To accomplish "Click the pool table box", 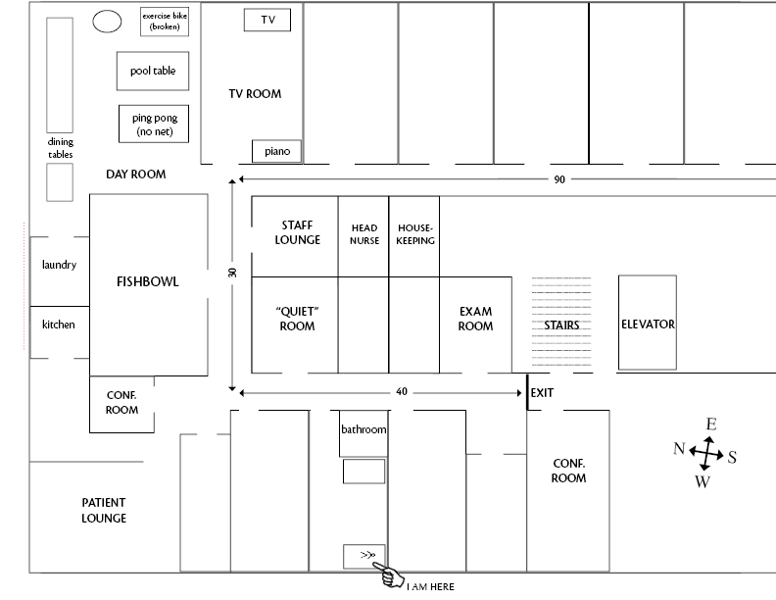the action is click(153, 71).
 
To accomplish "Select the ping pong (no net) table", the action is click(153, 125).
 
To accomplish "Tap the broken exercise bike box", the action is click(165, 22).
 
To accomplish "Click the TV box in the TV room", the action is click(267, 20).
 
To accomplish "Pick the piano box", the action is click(276, 151).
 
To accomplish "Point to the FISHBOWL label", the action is click(148, 282).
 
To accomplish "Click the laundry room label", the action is click(59, 265).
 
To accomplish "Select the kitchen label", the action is click(59, 325).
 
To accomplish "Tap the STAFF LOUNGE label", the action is click(297, 232).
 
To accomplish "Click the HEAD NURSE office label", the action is click(364, 234).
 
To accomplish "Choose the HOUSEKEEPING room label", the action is click(415, 234).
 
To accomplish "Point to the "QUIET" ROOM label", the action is click(297, 319).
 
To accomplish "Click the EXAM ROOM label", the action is click(475, 319).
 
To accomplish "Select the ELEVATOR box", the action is click(648, 324).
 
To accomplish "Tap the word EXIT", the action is click(542, 392).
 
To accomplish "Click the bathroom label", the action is click(364, 429).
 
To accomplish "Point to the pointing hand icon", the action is click(391, 577).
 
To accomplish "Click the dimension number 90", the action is click(559, 179).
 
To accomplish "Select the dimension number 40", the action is click(402, 392).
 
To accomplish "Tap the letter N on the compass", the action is click(679, 449).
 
